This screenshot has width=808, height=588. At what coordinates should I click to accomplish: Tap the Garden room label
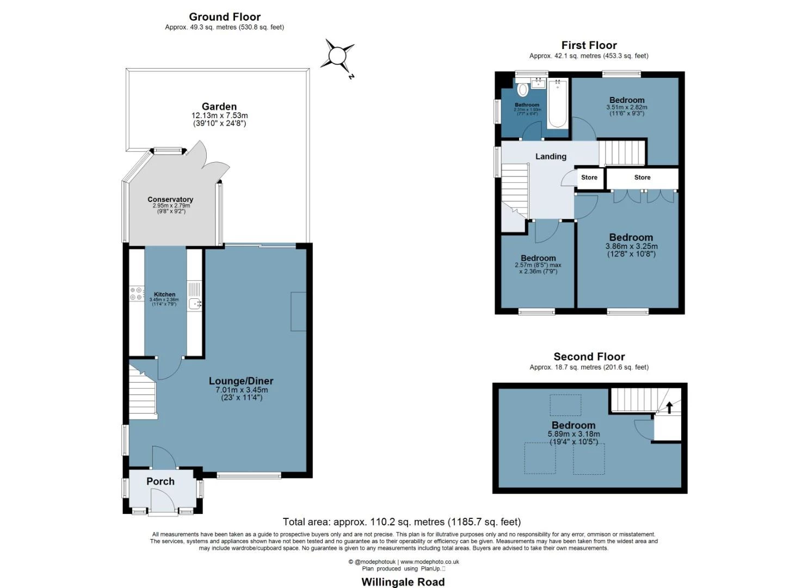pos(219,107)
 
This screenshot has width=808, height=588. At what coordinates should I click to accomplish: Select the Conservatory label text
pos(170,200)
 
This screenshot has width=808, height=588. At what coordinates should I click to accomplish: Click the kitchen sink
pos(195,304)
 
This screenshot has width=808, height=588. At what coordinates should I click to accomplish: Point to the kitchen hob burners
pos(136,293)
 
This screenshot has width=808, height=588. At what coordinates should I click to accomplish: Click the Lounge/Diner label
pos(241,381)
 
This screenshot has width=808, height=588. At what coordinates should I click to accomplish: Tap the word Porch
pos(161,481)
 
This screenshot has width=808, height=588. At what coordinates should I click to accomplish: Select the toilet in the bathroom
pos(523,90)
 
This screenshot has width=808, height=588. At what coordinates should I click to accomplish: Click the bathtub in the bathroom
pos(558,103)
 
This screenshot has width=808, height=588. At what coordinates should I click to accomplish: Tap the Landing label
pos(551,157)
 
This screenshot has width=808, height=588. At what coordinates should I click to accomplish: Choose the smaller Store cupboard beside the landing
pos(589,177)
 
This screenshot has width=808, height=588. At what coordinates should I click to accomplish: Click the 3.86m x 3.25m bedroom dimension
pos(631,247)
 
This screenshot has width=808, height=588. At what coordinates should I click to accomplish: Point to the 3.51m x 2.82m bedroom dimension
pos(627,108)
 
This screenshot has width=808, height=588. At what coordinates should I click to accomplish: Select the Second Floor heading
pos(589,357)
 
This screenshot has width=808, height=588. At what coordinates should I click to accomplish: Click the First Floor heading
pos(589,45)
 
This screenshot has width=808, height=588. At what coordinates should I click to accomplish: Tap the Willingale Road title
pos(403,582)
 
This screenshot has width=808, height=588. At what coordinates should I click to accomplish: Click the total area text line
pos(402,522)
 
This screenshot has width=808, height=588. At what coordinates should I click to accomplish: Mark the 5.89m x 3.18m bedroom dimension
pos(573,434)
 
